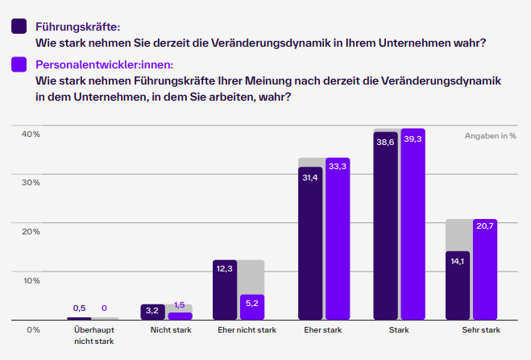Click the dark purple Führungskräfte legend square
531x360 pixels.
point(19,27)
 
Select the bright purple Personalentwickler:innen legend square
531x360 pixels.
point(19,64)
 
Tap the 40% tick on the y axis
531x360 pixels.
point(31,134)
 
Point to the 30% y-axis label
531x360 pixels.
point(31,183)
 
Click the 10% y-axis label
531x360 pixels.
point(31,280)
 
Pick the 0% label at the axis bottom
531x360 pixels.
point(33,329)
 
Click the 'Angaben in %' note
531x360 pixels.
point(490,136)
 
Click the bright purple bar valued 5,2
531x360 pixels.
point(252,307)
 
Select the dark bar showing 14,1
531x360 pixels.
point(458,285)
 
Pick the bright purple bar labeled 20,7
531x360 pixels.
point(485,269)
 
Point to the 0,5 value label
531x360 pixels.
point(79,308)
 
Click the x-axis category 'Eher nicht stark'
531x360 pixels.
point(247,330)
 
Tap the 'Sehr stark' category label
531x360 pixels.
point(480,330)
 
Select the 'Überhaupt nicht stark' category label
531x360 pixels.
point(93,335)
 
